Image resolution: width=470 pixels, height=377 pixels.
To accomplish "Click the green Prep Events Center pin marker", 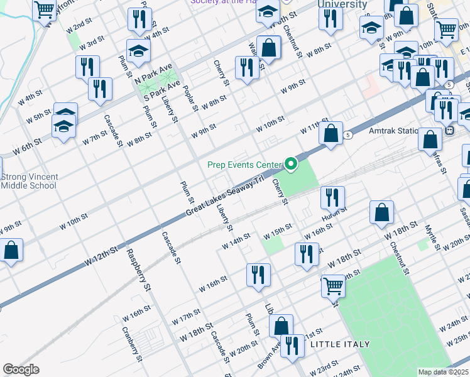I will [x=290, y=165].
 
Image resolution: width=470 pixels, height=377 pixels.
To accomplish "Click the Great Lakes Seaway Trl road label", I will [x=224, y=199].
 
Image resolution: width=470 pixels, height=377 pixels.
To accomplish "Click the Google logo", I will [x=21, y=369].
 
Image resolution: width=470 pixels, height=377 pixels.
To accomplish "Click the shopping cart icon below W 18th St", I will [x=333, y=287].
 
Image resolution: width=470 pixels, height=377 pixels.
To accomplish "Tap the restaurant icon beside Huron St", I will [x=332, y=199].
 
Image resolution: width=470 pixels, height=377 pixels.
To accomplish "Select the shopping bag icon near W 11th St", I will [x=331, y=134].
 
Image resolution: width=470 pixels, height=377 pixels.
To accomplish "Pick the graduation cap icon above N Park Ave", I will [x=138, y=51].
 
